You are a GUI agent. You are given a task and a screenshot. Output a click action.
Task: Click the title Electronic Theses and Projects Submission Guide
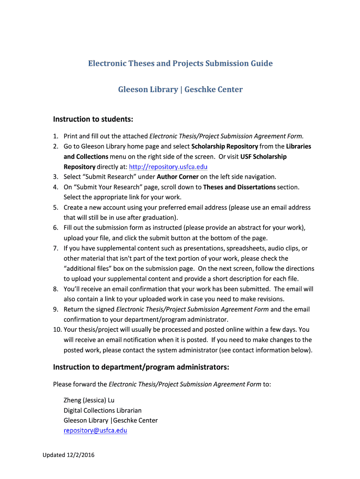tap(180, 63)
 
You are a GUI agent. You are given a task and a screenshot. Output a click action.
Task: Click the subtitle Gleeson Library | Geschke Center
tap(180, 89)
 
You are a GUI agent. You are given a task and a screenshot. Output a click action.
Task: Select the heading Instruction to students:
tap(93, 120)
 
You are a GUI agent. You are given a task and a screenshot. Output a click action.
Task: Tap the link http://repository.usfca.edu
tap(168, 167)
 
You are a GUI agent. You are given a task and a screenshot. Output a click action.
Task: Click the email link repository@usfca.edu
tap(95, 430)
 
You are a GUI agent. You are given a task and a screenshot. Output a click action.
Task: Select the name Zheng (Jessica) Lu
tap(89, 400)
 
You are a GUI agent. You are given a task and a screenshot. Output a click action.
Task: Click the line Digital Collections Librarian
tap(102, 410)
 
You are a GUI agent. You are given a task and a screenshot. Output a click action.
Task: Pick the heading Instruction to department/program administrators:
tap(141, 367)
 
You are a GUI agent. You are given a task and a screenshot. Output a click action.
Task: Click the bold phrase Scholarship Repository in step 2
tap(225, 146)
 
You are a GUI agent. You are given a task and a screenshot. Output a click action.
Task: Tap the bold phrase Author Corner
tap(178, 177)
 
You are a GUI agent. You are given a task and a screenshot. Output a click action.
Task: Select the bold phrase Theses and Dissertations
tap(239, 187)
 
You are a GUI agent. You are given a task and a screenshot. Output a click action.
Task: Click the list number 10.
tap(56, 330)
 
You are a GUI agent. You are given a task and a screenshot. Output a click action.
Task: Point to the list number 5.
tap(55, 207)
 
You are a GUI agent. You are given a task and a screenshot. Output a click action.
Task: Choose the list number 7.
tap(55, 248)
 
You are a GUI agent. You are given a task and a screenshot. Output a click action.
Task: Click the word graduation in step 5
tap(162, 218)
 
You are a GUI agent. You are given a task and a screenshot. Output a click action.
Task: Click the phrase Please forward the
tap(80, 385)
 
